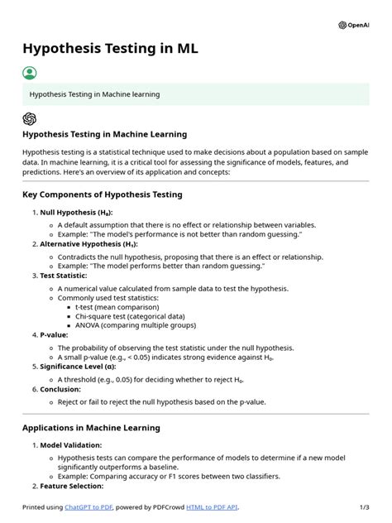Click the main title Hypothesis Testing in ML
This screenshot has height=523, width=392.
110,48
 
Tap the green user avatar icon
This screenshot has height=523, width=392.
30,73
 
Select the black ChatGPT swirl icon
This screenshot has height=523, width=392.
30,118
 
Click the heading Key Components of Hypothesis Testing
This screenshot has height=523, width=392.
102,194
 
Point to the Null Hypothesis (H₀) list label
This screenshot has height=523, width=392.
76,213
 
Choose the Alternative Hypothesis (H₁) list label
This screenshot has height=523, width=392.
88,244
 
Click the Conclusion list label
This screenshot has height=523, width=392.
60,389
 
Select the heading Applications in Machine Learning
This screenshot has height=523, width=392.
91,428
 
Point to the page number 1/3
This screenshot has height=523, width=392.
363,506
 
